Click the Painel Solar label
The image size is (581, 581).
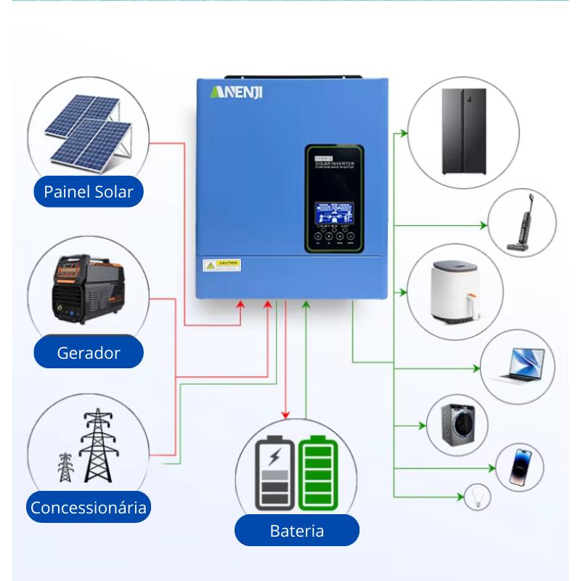pyautogui.click(x=89, y=192)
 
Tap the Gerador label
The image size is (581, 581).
pyautogui.click(x=89, y=353)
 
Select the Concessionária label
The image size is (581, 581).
pyautogui.click(x=89, y=507)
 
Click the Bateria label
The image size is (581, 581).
pyautogui.click(x=296, y=530)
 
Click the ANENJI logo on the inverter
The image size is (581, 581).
pyautogui.click(x=237, y=92)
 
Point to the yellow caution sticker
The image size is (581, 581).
pyautogui.click(x=222, y=264)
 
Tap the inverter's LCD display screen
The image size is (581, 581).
pyautogui.click(x=333, y=213)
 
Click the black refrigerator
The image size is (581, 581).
pyautogui.click(x=464, y=131)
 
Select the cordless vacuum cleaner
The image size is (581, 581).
pyautogui.click(x=521, y=224)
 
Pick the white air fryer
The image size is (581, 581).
pyautogui.click(x=455, y=292)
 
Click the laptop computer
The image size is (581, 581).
pyautogui.click(x=519, y=365)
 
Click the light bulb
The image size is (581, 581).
pyautogui.click(x=478, y=497)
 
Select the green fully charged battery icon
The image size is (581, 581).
pyautogui.click(x=318, y=473)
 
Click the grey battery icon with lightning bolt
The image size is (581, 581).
pyautogui.click(x=275, y=473)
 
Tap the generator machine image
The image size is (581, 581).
pyautogui.click(x=85, y=290)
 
